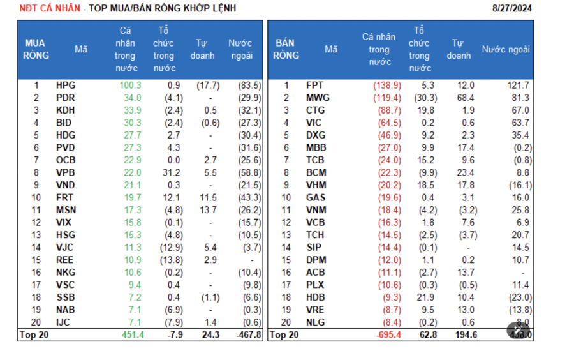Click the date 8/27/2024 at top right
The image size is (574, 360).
[512, 8]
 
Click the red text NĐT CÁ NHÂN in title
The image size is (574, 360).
[50, 8]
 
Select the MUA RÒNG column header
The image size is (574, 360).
[36, 49]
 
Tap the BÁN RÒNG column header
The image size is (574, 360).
[286, 49]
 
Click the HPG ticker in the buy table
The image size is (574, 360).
[65, 85]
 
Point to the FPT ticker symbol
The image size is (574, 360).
[315, 85]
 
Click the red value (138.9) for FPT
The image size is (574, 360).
[386, 85]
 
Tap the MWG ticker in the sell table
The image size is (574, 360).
[317, 98]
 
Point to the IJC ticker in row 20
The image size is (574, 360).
[64, 322]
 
